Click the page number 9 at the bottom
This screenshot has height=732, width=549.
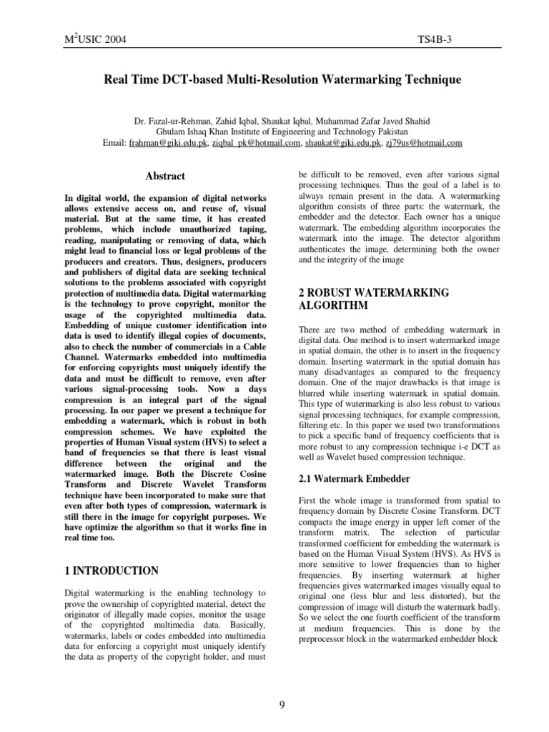point(282,686)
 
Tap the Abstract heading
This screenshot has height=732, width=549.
point(165,176)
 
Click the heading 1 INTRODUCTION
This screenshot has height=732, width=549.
point(112,570)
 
